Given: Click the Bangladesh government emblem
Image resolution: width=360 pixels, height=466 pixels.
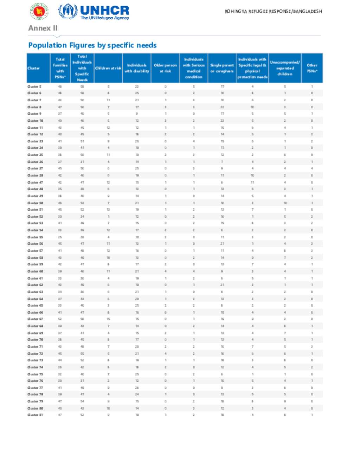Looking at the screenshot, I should [x=39, y=11].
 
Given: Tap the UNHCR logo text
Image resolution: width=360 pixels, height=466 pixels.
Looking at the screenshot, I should [x=104, y=11].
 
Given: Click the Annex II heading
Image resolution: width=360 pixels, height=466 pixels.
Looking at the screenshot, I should [x=43, y=28].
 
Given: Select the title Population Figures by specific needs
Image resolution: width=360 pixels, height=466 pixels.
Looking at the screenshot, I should [x=92, y=45].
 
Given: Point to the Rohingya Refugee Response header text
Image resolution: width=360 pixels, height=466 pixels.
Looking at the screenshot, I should [x=273, y=12].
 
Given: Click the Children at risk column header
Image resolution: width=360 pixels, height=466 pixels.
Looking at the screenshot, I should [x=108, y=68].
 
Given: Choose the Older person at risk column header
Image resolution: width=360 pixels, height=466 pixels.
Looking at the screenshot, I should [x=165, y=68].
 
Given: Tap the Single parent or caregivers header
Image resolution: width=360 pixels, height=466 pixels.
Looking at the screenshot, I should [x=222, y=68].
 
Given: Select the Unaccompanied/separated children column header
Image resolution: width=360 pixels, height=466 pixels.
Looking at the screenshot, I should [x=285, y=68].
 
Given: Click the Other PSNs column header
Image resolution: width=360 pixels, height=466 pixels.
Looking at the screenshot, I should [x=312, y=68].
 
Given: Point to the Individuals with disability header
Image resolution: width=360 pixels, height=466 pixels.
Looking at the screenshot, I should [x=137, y=68].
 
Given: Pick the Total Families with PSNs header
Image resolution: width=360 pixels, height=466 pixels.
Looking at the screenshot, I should [x=60, y=68].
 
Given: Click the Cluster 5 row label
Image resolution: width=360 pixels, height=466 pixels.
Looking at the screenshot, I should [x=34, y=87].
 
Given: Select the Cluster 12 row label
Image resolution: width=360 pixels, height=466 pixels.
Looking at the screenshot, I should [x=35, y=134].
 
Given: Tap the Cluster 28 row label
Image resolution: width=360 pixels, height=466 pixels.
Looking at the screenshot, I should [x=35, y=175].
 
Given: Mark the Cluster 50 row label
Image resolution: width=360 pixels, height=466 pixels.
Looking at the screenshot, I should [x=35, y=203].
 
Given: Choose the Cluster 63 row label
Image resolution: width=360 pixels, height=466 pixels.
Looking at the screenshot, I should [x=35, y=292].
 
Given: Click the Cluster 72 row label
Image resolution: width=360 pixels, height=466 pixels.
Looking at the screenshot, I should [x=35, y=353].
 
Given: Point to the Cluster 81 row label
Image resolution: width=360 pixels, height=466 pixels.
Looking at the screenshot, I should [x=35, y=415].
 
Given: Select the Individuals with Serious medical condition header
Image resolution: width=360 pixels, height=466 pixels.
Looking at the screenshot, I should [x=194, y=68].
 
